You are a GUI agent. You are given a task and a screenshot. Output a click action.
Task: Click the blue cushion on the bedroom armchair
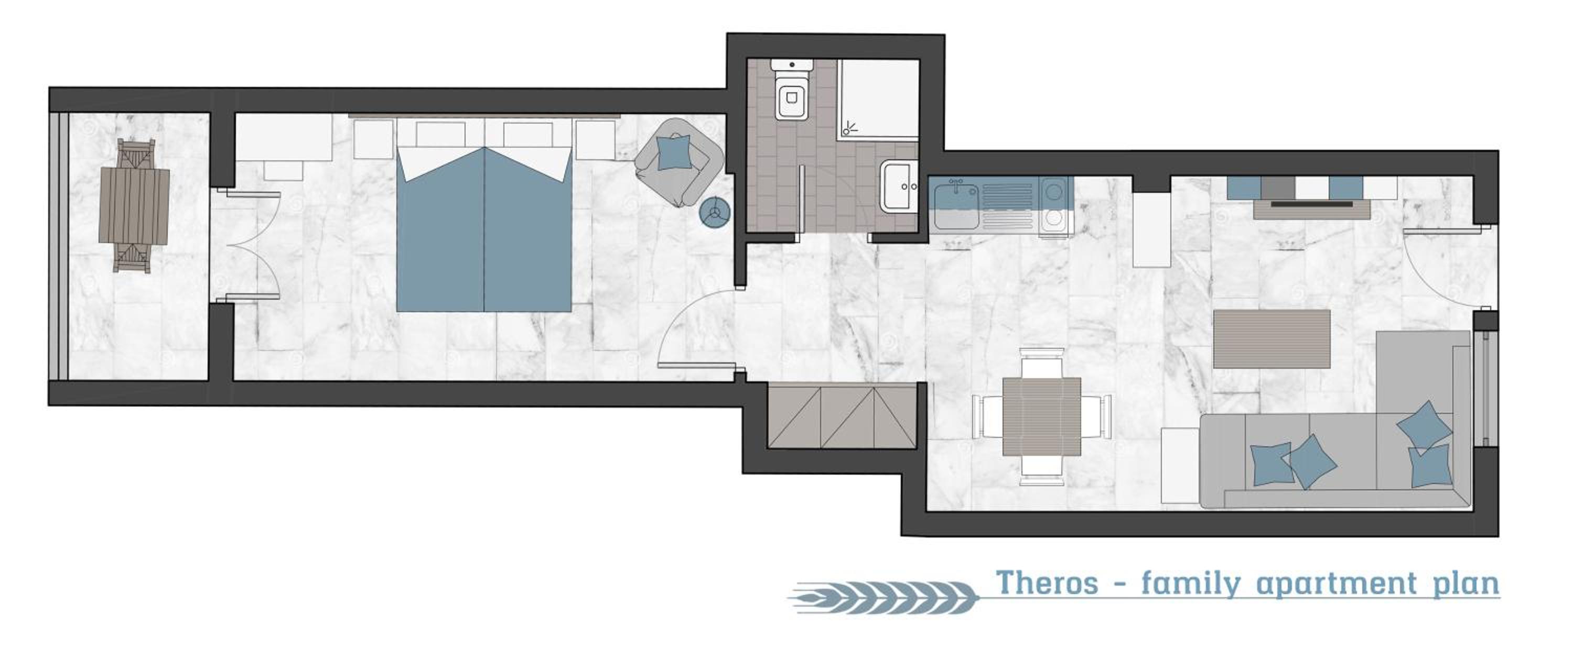coord(675,153)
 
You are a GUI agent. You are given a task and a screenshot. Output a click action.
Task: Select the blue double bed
coord(484,229)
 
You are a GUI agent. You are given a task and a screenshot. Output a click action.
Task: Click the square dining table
coord(1042,416)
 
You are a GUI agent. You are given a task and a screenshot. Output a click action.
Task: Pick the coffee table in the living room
coord(1272,338)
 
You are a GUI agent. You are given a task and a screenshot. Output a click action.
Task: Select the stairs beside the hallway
coord(842,417)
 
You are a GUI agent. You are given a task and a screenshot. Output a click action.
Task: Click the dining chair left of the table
coord(988,415)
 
